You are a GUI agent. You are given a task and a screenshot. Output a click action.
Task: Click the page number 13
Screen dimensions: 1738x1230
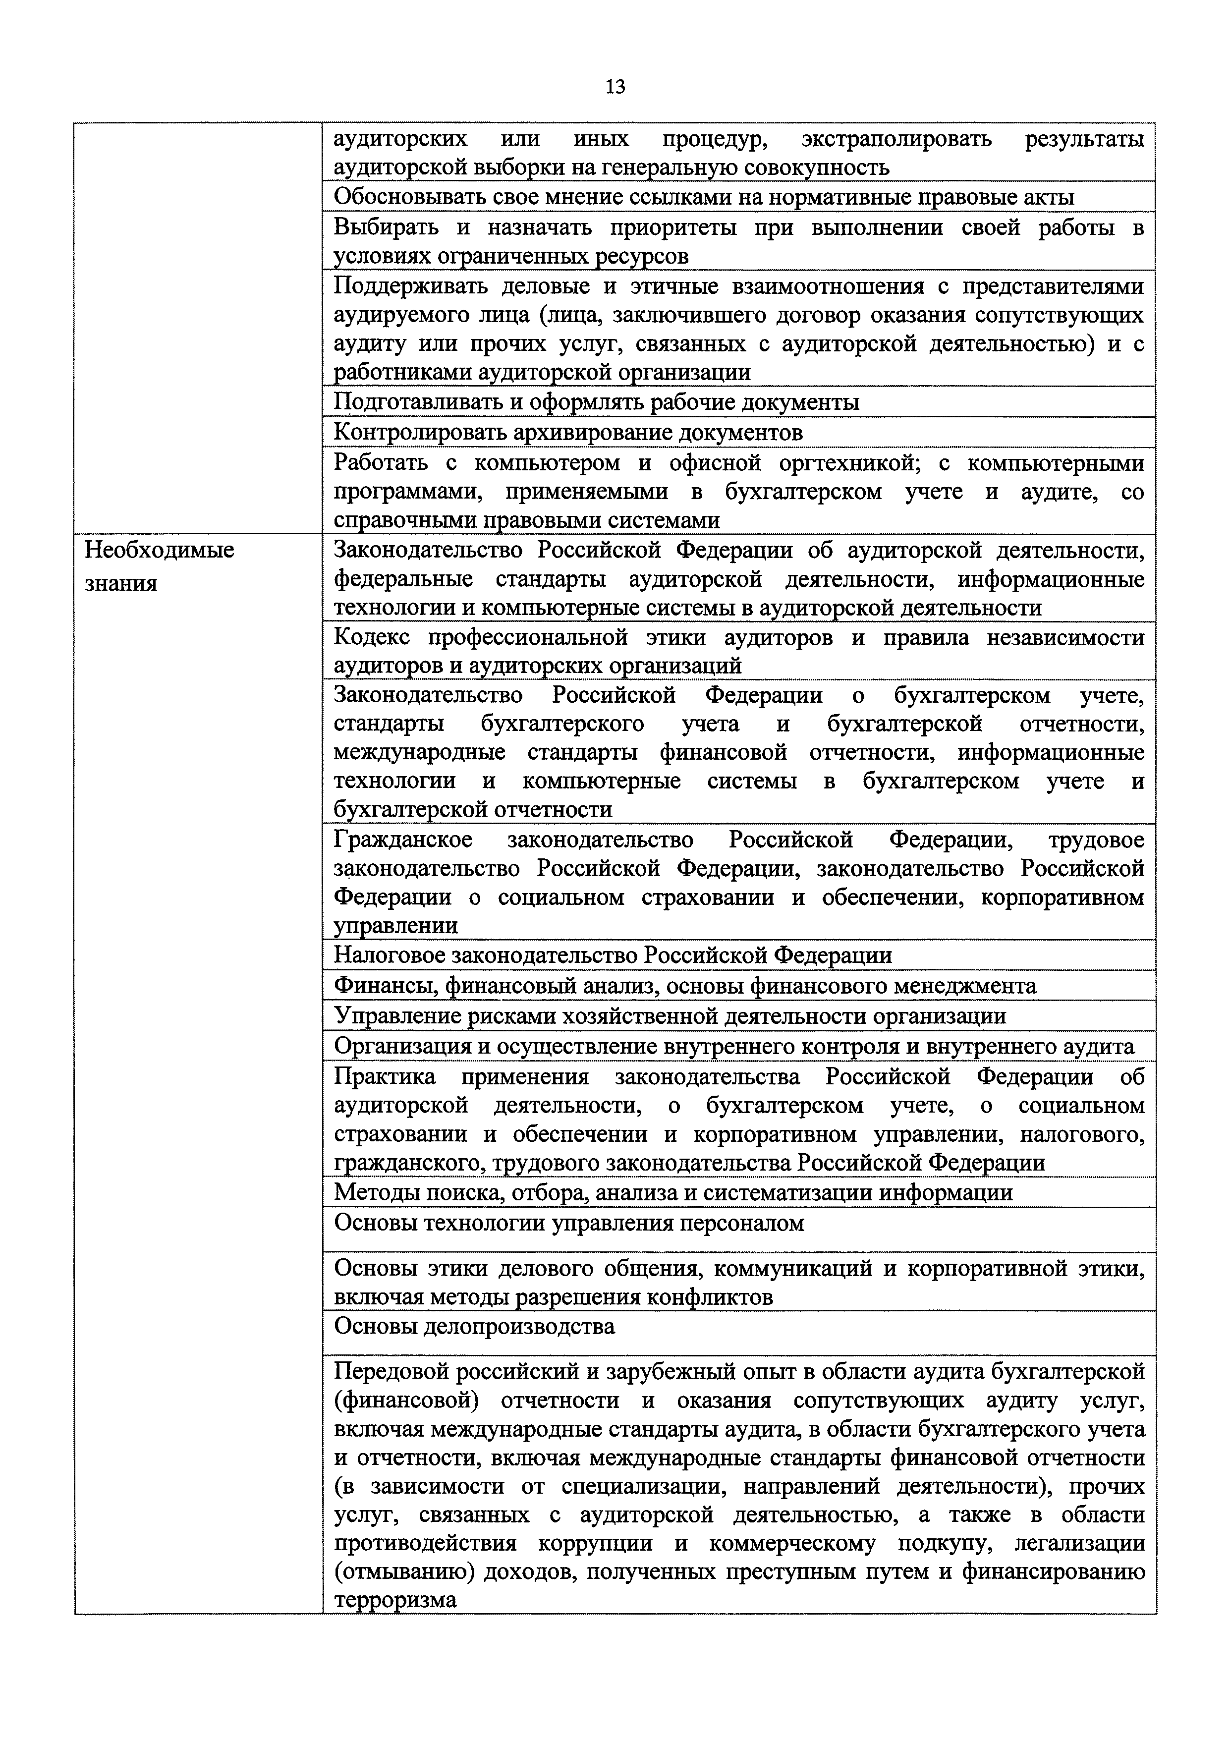615,87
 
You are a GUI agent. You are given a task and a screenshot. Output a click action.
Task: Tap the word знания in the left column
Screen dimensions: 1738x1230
121,583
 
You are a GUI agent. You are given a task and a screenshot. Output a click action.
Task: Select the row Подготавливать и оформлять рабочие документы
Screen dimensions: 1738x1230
596,401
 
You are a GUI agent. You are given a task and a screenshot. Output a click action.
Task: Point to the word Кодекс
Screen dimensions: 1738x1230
372,638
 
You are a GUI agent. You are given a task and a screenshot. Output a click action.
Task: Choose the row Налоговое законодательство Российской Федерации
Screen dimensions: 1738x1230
613,955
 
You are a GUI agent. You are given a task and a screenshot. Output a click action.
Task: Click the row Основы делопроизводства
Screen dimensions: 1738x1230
474,1327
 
